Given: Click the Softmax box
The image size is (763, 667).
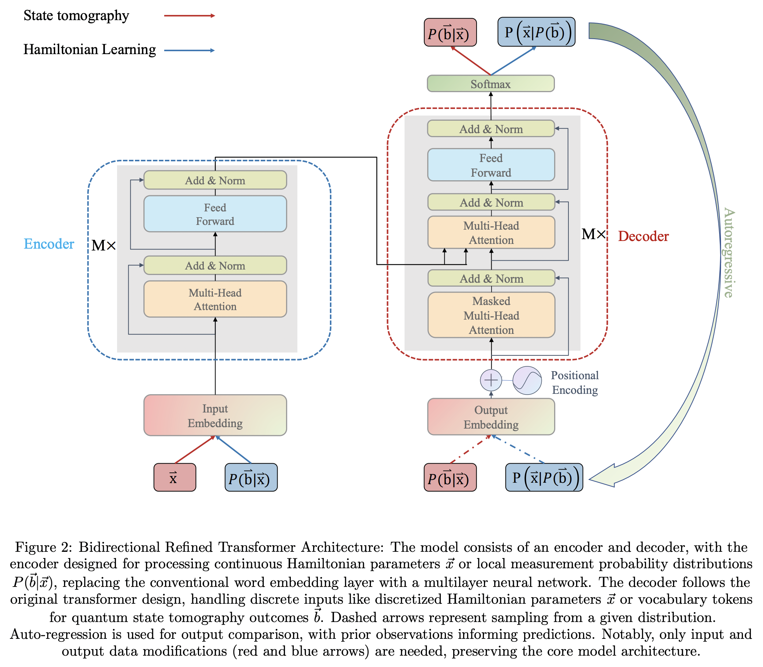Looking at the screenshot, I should [x=491, y=84].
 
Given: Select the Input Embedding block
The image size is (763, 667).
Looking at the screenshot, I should [x=215, y=415].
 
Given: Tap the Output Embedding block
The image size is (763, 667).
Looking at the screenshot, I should [x=491, y=417].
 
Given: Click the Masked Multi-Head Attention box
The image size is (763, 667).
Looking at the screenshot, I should [x=491, y=315].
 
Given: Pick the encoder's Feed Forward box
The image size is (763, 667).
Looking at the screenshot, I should [x=215, y=214].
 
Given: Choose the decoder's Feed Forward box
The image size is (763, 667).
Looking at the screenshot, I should [x=491, y=165].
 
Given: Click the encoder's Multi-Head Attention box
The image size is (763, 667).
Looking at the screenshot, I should [x=215, y=299].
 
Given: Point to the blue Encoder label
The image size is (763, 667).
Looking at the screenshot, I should [x=49, y=244].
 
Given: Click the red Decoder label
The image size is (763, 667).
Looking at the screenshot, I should [x=643, y=236].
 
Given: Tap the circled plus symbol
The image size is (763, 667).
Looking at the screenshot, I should [x=491, y=380].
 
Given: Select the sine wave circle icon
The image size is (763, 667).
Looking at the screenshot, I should [x=527, y=380].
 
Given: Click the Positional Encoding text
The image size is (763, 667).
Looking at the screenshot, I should [x=575, y=383].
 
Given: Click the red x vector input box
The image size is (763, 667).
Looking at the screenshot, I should [x=174, y=478].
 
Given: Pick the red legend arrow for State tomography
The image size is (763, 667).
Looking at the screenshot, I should [x=189, y=16].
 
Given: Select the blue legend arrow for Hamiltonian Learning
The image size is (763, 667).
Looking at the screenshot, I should [x=189, y=50].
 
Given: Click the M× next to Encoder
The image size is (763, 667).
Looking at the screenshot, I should [x=104, y=245].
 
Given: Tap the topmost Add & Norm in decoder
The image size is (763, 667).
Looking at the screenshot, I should [x=491, y=129].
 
